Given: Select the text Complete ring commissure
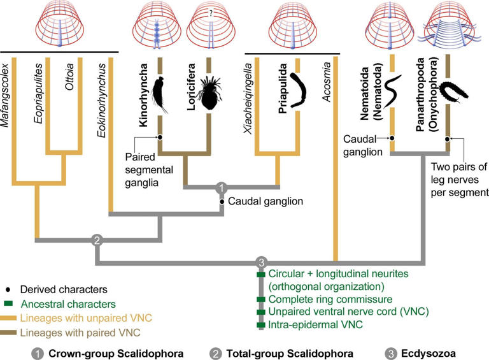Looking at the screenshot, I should (x=321, y=299).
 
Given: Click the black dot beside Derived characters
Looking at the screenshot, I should (x=12, y=289).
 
